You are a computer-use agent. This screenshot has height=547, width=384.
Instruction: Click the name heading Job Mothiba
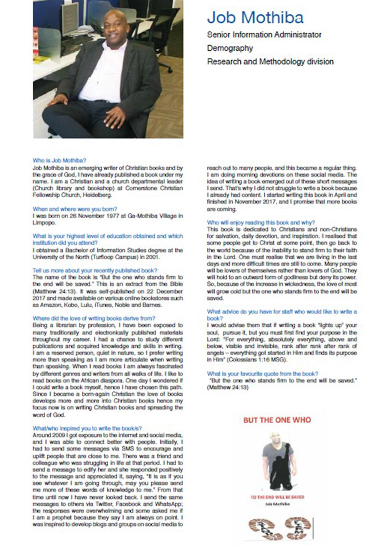pos(255,17)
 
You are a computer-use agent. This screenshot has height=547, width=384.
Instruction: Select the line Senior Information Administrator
pos(264,35)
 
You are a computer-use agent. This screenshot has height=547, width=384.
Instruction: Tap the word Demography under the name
pos(230,48)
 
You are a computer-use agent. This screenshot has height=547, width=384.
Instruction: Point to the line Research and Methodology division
pos(270,61)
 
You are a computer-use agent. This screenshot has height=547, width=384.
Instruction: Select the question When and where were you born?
pos(75,209)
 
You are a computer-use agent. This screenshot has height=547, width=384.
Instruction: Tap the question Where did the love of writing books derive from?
pos(94,318)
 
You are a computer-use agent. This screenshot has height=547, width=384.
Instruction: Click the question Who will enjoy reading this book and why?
pos(261,222)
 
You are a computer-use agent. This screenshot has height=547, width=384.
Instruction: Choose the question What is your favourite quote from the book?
pos(263,373)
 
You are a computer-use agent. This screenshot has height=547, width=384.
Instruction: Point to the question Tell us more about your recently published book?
pos(95,270)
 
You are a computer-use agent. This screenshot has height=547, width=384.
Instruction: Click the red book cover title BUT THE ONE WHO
pos(277,420)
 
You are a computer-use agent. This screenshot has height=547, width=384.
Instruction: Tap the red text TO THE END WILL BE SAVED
pos(277,497)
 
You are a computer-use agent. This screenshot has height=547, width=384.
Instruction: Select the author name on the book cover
pos(277,504)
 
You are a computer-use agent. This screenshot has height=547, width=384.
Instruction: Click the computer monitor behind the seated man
pos(70,17)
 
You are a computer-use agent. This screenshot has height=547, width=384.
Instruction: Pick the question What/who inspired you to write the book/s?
pos(87,428)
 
